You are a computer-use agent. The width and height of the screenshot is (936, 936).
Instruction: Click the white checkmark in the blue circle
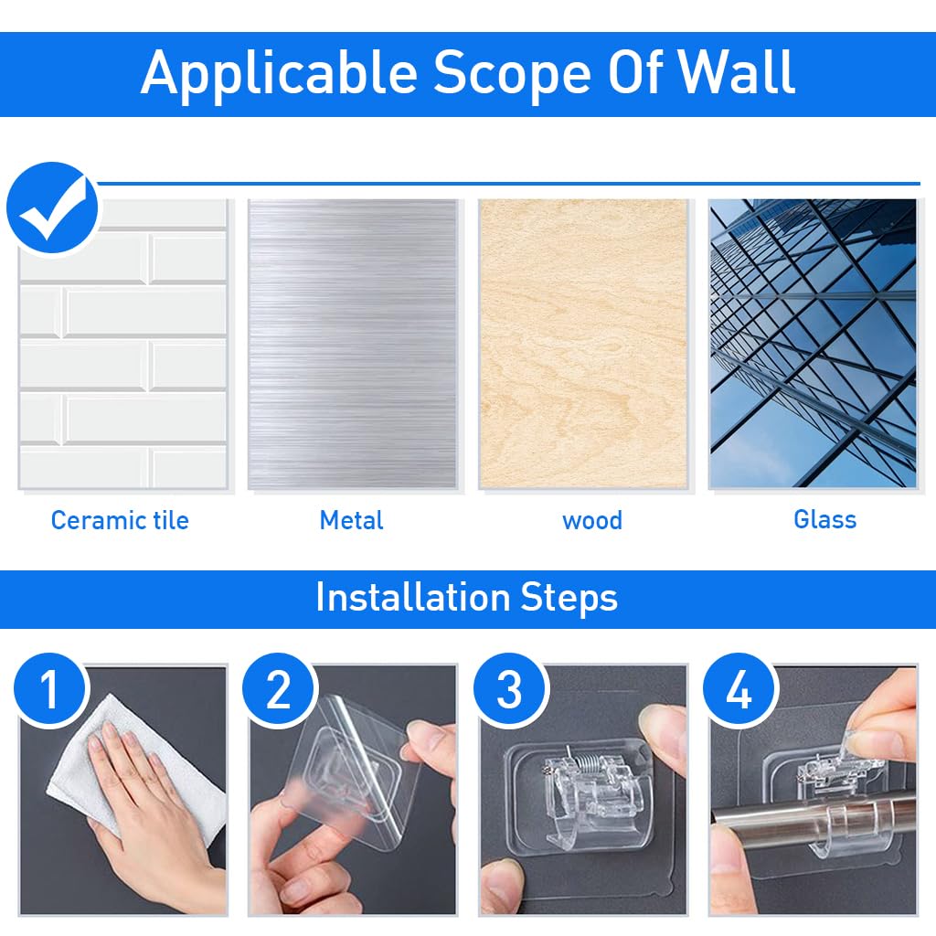55,209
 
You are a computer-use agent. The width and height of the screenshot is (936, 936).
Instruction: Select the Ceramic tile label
120,520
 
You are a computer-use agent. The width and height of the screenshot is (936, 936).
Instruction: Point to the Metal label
352,520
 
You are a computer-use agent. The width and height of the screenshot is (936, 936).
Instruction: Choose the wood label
592,520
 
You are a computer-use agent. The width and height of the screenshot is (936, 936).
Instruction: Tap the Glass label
825,519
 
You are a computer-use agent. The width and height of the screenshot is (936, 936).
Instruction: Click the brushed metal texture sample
353,344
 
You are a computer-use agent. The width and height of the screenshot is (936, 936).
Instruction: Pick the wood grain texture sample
583,344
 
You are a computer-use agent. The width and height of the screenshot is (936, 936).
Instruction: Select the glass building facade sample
813,344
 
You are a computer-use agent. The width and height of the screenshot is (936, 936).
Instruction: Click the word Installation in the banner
412,597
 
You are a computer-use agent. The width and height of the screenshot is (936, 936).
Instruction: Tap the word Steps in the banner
569,599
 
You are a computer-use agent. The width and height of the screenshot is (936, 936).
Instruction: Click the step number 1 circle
51,690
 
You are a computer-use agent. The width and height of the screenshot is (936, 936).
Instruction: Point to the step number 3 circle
510,690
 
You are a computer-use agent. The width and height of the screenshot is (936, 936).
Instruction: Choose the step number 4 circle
740,690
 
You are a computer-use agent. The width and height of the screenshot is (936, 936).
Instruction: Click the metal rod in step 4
812,813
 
